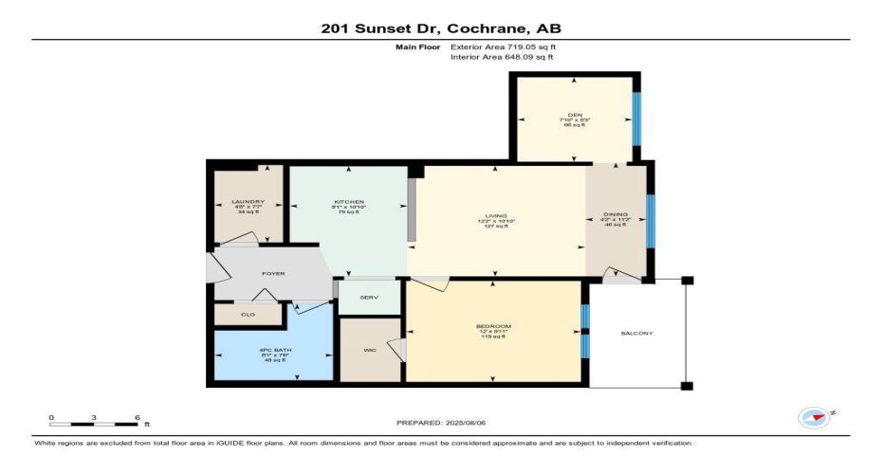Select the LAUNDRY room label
point(248,202)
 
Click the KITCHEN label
point(348,202)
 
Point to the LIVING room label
point(496,217)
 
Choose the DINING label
point(616,215)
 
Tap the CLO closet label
point(248,314)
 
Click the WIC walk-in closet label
point(369,350)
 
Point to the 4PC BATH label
point(273,350)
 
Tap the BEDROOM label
point(493,326)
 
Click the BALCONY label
point(636,333)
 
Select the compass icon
point(815,416)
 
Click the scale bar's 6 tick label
point(138,417)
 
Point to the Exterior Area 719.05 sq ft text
point(502,46)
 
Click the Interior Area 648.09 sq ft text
point(502,57)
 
